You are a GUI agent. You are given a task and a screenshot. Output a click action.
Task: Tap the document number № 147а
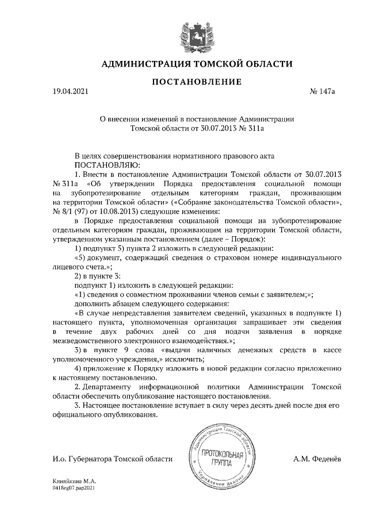(323, 91)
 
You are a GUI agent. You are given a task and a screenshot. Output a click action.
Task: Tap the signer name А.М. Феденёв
(317, 459)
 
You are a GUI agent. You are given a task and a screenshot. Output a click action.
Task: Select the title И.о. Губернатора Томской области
(112, 459)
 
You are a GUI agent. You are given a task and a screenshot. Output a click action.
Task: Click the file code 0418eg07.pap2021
(72, 486)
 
